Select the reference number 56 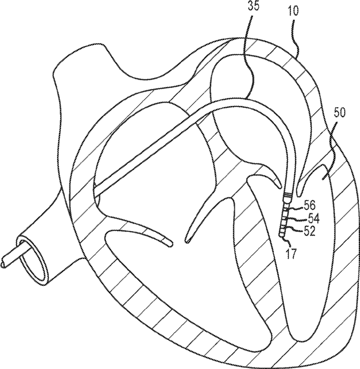tap(309, 205)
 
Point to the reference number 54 tap(313, 218)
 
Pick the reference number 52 tap(309, 231)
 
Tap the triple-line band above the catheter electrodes tap(289, 194)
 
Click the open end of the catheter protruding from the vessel tap(6, 260)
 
